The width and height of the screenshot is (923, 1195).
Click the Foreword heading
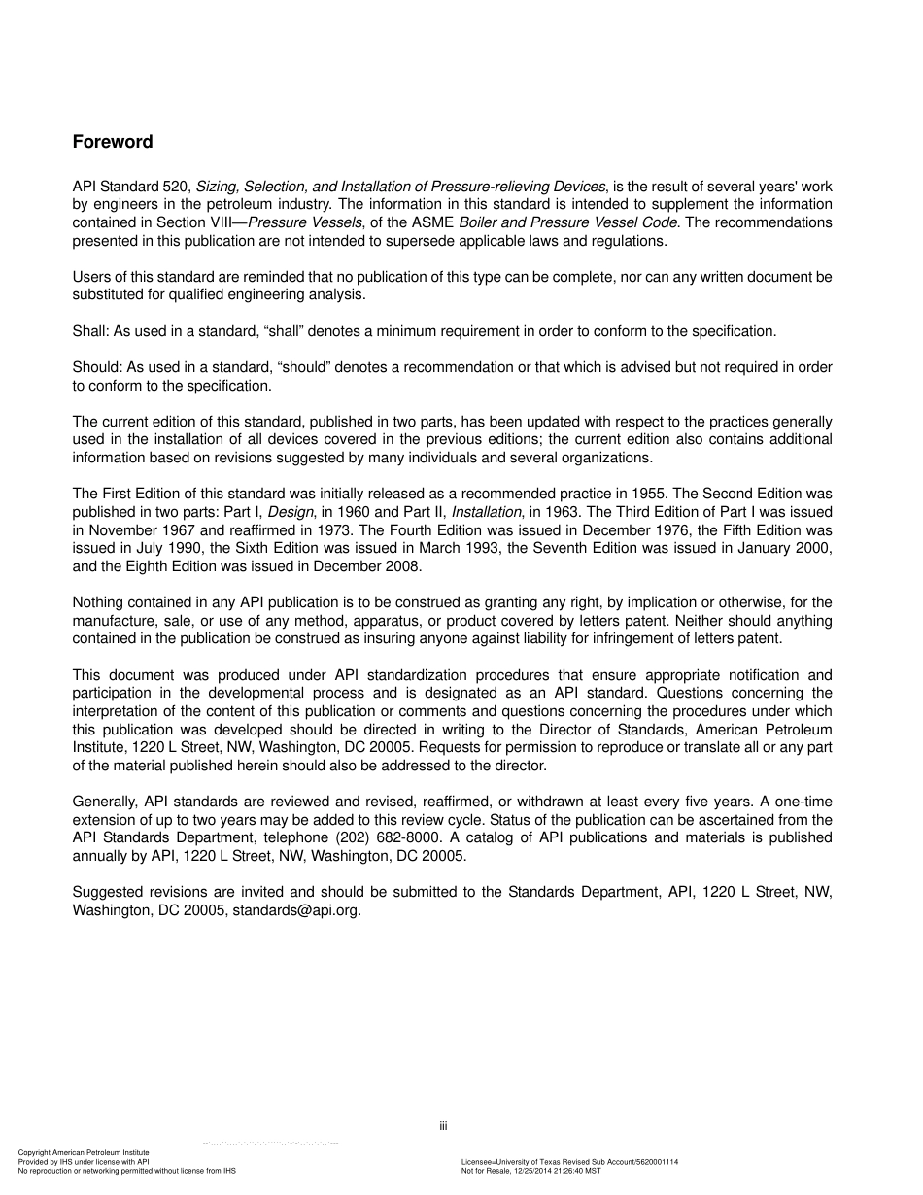(113, 142)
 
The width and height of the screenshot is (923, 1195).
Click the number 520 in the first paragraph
(181, 186)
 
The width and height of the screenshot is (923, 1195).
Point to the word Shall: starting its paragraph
(91, 331)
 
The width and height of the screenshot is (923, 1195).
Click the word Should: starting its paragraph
(97, 367)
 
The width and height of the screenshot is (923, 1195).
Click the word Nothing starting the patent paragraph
(99, 602)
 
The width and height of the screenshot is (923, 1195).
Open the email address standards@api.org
(296, 911)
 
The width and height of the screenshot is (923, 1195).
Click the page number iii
(442, 1127)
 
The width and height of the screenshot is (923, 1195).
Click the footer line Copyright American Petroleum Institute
(84, 1153)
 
